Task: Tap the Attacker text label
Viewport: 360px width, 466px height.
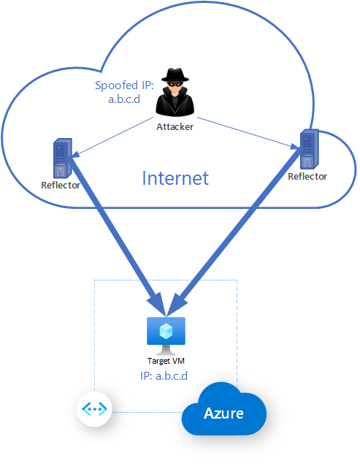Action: tap(176, 126)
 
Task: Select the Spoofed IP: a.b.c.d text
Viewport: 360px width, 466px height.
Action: tap(123, 92)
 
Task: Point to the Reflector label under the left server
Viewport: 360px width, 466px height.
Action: tap(61, 185)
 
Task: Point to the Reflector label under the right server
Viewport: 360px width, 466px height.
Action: tap(307, 176)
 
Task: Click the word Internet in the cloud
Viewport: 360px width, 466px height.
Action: tap(175, 178)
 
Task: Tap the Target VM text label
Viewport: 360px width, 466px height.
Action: tap(166, 361)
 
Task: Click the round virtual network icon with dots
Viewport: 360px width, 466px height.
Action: tap(95, 409)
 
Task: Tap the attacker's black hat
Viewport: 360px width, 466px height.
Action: tap(176, 77)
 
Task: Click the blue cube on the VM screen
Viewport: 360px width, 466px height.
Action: tap(166, 329)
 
